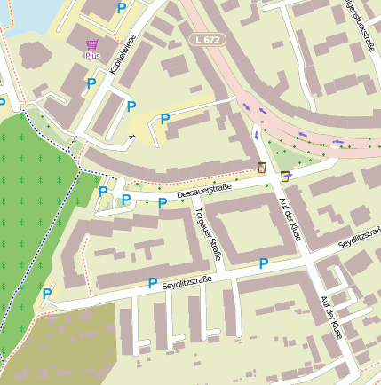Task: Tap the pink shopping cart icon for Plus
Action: pyautogui.click(x=92, y=44)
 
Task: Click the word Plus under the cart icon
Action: pyautogui.click(x=92, y=56)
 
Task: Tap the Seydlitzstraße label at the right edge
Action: pyautogui.click(x=360, y=237)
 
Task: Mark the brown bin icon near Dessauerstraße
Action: pyautogui.click(x=262, y=167)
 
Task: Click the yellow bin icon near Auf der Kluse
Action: pyautogui.click(x=284, y=176)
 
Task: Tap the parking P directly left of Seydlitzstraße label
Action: pyautogui.click(x=152, y=283)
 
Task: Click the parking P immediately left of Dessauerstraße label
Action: pyautogui.click(x=163, y=203)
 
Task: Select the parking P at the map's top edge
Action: pyautogui.click(x=121, y=7)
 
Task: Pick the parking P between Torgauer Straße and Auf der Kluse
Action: pyautogui.click(x=263, y=263)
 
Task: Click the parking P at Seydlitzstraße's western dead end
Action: pyautogui.click(x=47, y=294)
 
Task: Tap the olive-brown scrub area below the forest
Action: pyautogui.click(x=53, y=346)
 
